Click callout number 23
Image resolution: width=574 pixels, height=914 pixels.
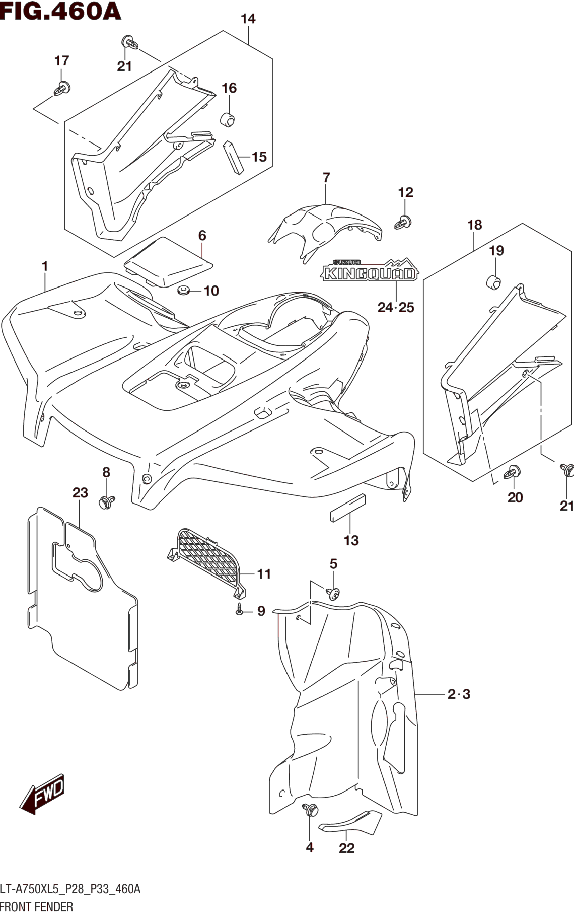pos(80,493)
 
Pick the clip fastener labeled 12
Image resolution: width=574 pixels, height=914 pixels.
pos(404,222)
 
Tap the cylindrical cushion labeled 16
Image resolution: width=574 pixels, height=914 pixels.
pos(228,119)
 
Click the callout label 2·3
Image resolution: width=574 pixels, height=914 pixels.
pos(459,694)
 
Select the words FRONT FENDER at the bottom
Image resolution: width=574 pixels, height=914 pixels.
pos(37,906)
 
